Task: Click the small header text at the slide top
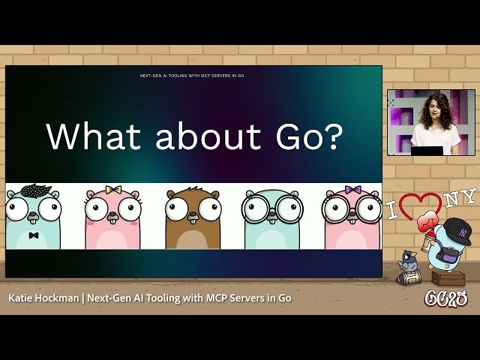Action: click(192, 76)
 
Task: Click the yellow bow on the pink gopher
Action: click(113, 190)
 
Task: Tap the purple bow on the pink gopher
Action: click(352, 190)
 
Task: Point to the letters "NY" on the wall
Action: click(459, 199)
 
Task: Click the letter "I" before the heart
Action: click(391, 211)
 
